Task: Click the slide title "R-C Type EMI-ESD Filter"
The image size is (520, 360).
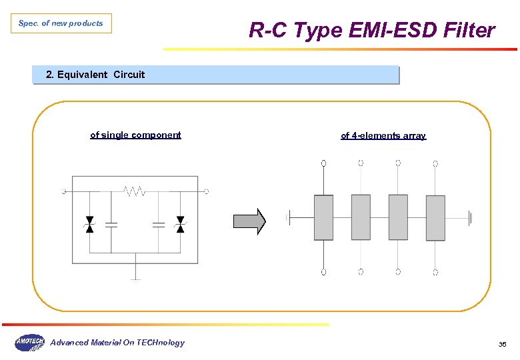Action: tap(371, 30)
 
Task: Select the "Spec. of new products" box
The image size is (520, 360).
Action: tap(61, 23)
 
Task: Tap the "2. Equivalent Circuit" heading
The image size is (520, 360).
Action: tap(95, 75)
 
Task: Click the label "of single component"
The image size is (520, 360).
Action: tap(135, 135)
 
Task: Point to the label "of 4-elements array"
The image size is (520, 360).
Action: tap(383, 135)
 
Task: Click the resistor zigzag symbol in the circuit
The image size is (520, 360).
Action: tap(135, 191)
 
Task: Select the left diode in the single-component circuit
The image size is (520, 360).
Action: tap(90, 225)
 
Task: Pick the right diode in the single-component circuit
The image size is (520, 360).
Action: tap(179, 225)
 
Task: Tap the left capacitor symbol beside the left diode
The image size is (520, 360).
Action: tap(111, 225)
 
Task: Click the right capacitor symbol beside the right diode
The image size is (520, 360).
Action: tap(158, 225)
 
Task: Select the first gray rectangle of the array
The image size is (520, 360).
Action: tap(323, 217)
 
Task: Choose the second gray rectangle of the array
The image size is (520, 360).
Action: tap(361, 217)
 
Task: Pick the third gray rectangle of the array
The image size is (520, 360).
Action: tap(398, 217)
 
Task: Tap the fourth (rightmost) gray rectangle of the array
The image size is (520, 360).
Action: tap(435, 217)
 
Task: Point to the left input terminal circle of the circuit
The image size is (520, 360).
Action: tap(64, 191)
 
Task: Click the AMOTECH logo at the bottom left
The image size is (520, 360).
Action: tap(29, 343)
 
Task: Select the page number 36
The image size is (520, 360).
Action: tap(502, 344)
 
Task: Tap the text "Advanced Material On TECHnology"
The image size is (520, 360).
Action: tap(117, 343)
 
